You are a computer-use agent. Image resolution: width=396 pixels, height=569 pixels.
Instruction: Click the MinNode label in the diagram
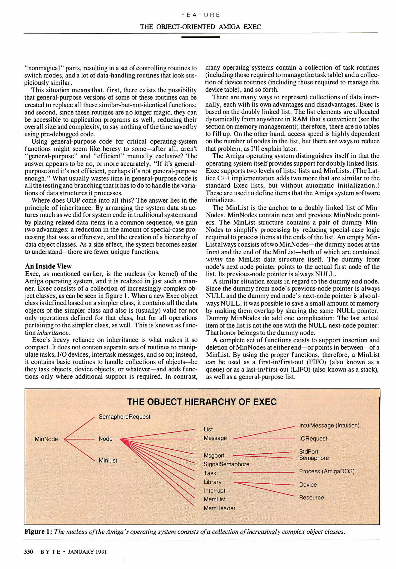[46, 439]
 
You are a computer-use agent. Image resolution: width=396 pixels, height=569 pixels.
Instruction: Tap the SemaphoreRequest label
[124, 417]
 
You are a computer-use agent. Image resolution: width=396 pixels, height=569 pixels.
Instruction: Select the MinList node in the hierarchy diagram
[108, 460]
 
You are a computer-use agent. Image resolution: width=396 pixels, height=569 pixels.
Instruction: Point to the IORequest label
[313, 439]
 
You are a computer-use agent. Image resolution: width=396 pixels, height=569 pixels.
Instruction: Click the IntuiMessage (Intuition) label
[329, 425]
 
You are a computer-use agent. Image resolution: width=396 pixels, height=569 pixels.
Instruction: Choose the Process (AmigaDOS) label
[327, 471]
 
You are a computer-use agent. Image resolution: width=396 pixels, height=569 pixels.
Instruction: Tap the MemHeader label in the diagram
[220, 508]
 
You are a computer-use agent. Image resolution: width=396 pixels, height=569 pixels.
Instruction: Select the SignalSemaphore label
[226, 464]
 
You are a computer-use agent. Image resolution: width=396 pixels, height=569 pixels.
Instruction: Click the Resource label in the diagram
[311, 497]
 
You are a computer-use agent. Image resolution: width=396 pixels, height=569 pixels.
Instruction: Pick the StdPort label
[309, 452]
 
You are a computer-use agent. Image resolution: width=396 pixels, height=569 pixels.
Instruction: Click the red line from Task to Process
[263, 473]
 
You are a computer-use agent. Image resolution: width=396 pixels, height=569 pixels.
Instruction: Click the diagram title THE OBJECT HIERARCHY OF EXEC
[202, 402]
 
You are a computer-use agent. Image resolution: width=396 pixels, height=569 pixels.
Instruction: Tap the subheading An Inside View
[48, 266]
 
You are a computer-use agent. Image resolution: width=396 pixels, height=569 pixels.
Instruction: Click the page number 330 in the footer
[28, 552]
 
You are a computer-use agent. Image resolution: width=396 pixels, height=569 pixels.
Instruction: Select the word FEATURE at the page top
[201, 15]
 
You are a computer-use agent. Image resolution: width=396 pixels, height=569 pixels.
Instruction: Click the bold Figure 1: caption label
[38, 532]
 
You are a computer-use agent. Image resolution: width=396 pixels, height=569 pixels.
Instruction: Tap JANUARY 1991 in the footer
[87, 552]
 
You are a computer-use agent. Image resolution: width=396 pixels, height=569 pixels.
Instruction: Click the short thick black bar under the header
[201, 37]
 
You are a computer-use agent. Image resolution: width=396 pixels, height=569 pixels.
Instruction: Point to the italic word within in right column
[214, 259]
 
